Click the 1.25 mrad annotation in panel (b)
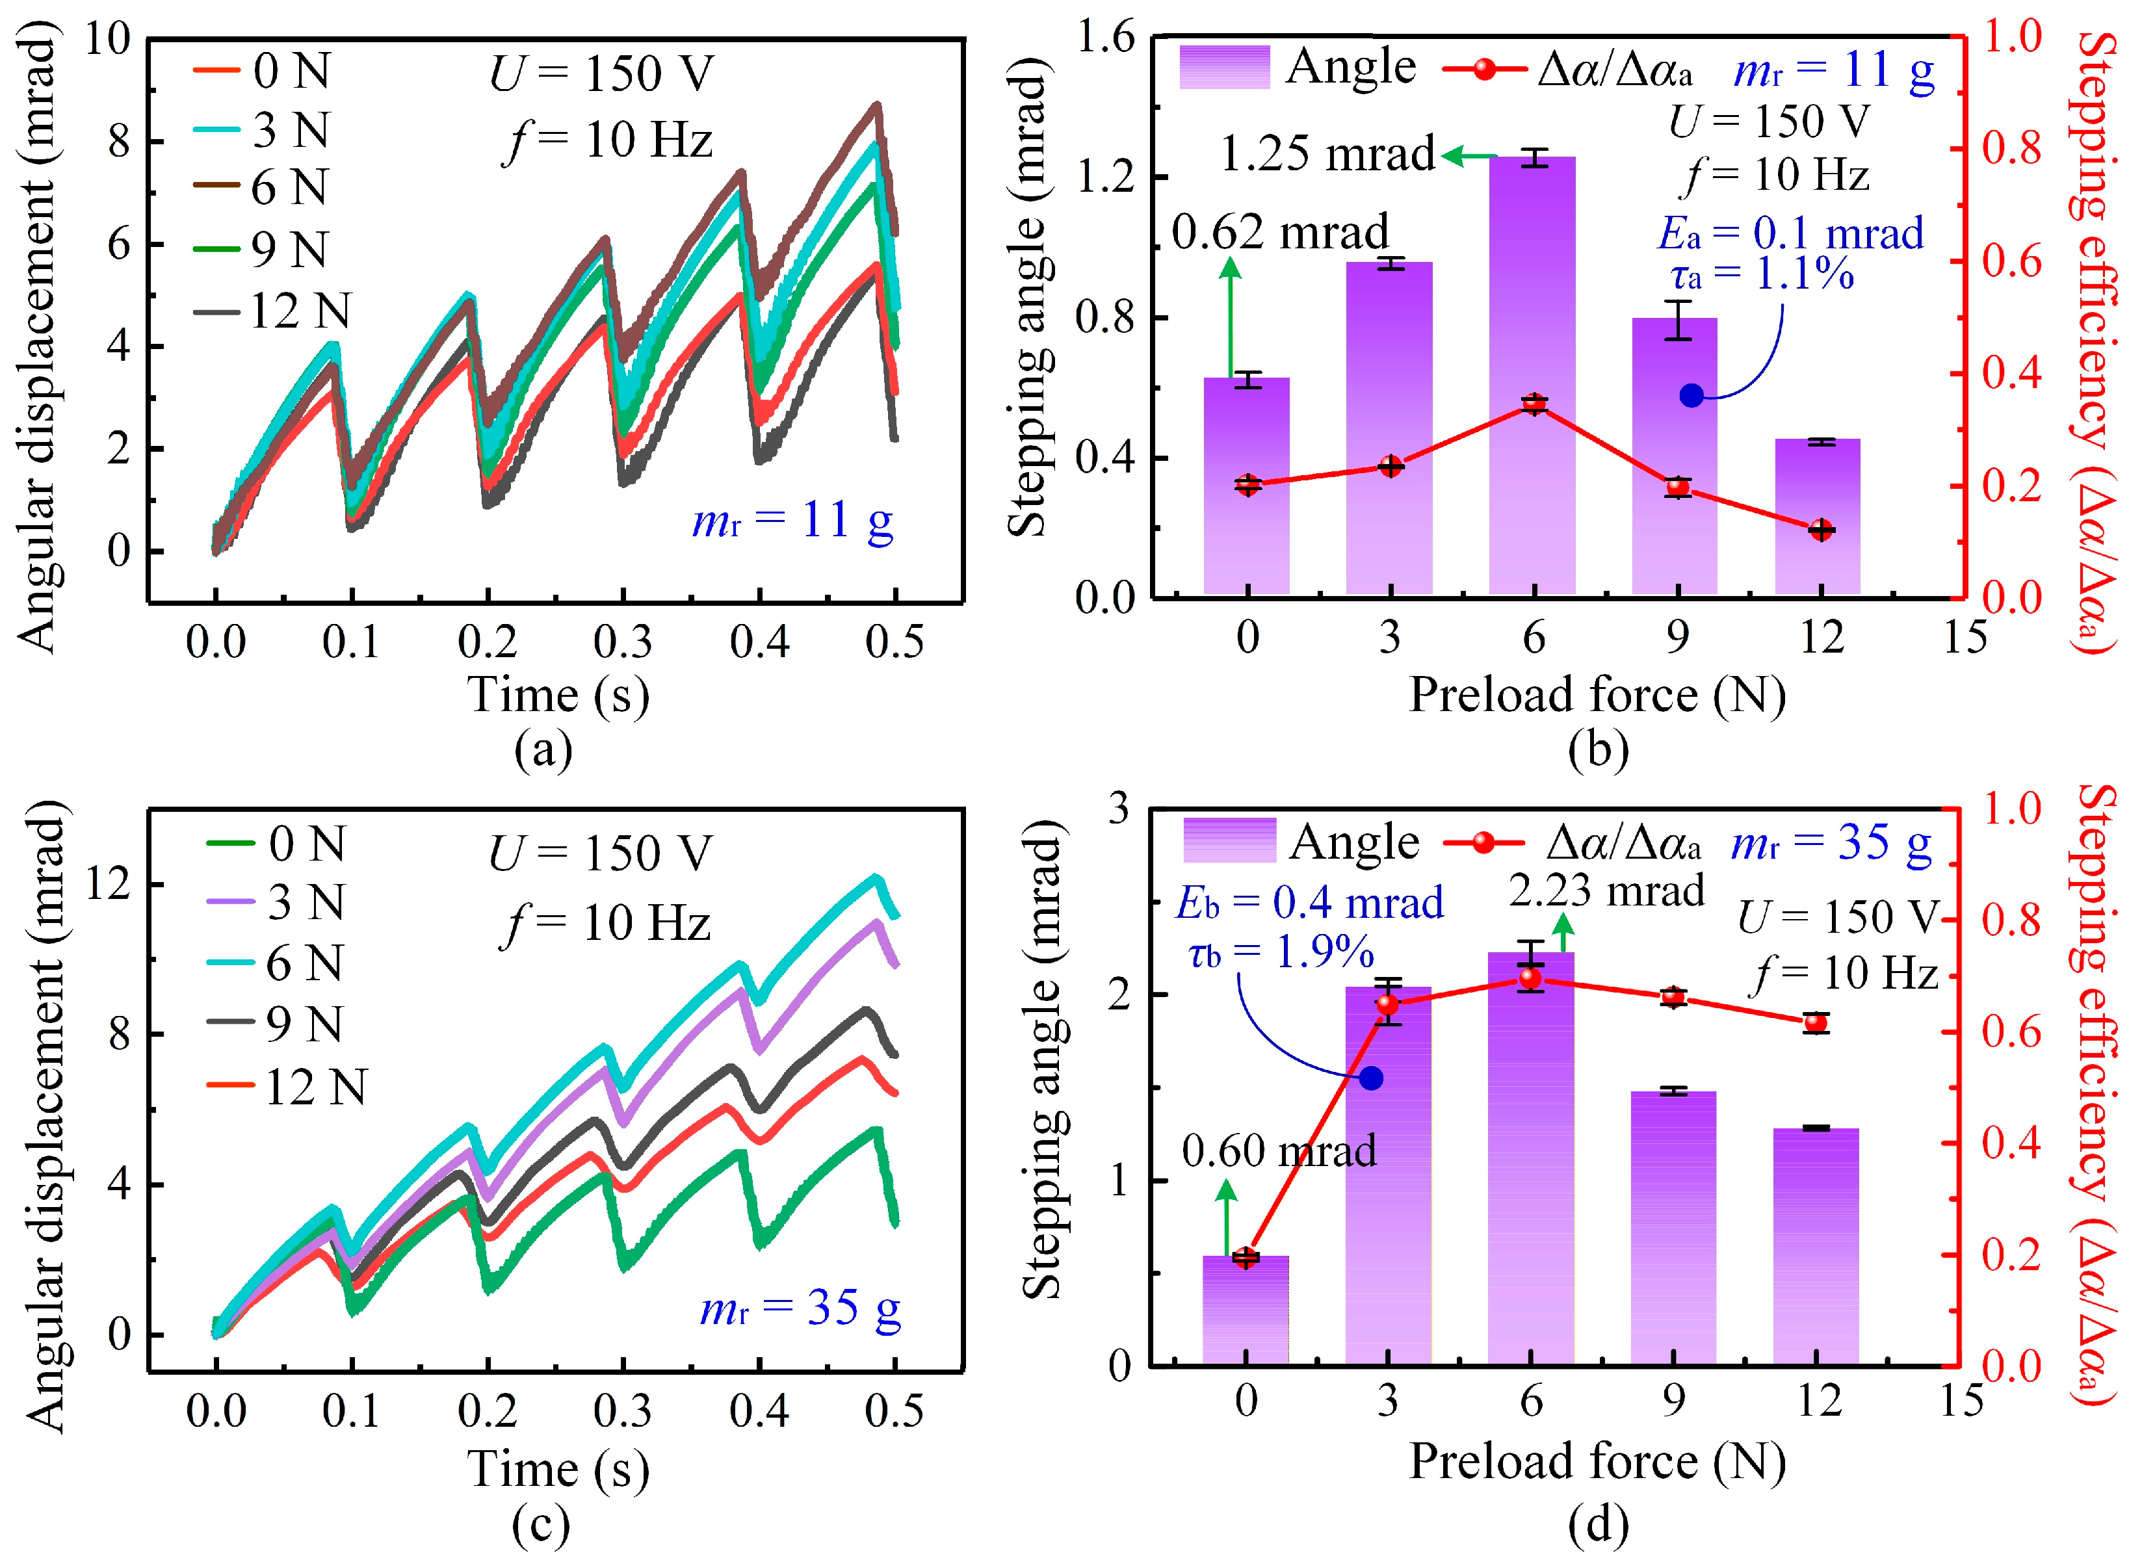click(1327, 154)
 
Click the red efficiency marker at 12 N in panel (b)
click(1821, 530)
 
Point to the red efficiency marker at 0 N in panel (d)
click(1246, 1258)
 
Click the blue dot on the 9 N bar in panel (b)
click(1691, 396)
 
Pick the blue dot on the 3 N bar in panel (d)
click(1371, 1078)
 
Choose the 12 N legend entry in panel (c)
click(287, 1086)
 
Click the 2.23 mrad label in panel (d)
click(1606, 890)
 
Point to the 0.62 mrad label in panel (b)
click(1280, 232)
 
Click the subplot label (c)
click(541, 1524)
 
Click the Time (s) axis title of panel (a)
click(558, 695)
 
